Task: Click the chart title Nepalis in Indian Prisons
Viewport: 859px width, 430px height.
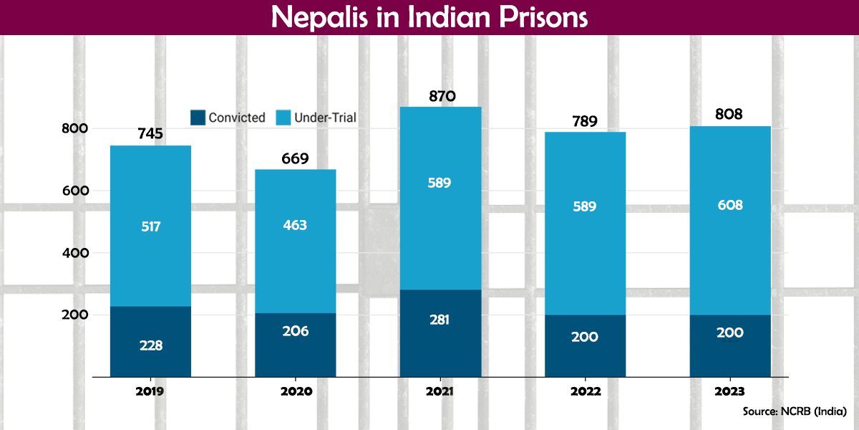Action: pyautogui.click(x=429, y=17)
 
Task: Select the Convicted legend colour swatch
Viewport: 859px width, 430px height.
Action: pyautogui.click(x=198, y=118)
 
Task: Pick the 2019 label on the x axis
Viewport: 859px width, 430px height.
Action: pyautogui.click(x=150, y=392)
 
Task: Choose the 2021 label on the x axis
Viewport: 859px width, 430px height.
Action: pyautogui.click(x=440, y=392)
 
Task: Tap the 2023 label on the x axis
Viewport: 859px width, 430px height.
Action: pyautogui.click(x=729, y=392)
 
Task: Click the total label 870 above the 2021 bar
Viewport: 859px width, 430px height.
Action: pyautogui.click(x=440, y=96)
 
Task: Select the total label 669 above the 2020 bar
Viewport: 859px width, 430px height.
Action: pyautogui.click(x=295, y=158)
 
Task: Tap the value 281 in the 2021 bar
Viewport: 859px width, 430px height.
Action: pyautogui.click(x=440, y=320)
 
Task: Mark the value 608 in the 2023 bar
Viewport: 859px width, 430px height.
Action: pyautogui.click(x=729, y=206)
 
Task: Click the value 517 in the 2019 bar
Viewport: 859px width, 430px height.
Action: pyautogui.click(x=150, y=227)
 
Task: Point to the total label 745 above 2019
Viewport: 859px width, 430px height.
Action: pyautogui.click(x=150, y=134)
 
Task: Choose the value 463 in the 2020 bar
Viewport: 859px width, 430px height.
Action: pyautogui.click(x=295, y=225)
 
